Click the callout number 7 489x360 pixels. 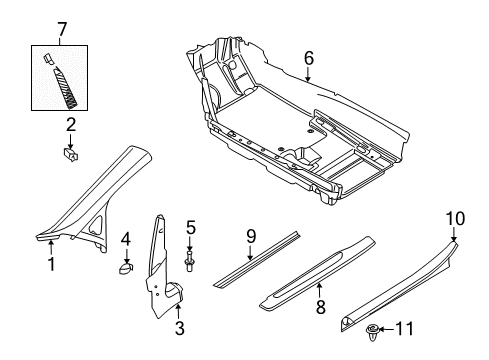[x=62, y=30]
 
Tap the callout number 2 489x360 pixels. [x=71, y=125]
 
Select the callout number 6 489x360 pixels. [x=309, y=58]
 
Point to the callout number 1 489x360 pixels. [x=51, y=264]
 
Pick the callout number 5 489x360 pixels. [x=191, y=228]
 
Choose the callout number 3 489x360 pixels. [x=180, y=328]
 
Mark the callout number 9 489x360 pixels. [x=251, y=236]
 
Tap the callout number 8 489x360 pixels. [x=321, y=307]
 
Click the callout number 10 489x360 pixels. [x=455, y=219]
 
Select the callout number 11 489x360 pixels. [x=405, y=329]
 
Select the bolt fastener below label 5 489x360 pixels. [x=190, y=262]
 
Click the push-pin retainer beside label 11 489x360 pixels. [x=372, y=332]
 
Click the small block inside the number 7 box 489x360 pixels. [x=48, y=58]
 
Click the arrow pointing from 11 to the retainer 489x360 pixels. [x=386, y=329]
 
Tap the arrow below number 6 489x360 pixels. [x=308, y=74]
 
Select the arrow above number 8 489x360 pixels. [x=319, y=290]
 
